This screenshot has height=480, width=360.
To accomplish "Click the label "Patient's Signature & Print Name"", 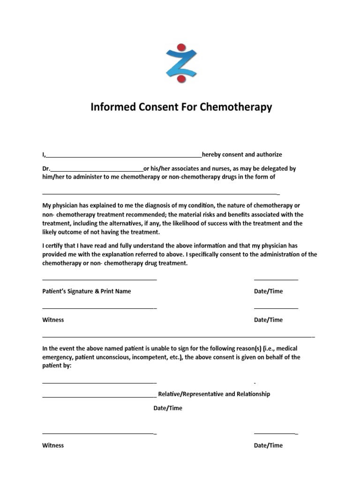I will pos(87,291).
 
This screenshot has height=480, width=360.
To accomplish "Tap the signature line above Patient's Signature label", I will pos(99,280).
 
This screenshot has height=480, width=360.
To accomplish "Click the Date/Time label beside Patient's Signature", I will pos(268,291).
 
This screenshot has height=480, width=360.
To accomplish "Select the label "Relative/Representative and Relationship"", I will pos(214,394).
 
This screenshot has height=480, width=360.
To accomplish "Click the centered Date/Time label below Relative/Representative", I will pos(168,408).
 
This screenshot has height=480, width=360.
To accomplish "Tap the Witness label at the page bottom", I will pos(53,445).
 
